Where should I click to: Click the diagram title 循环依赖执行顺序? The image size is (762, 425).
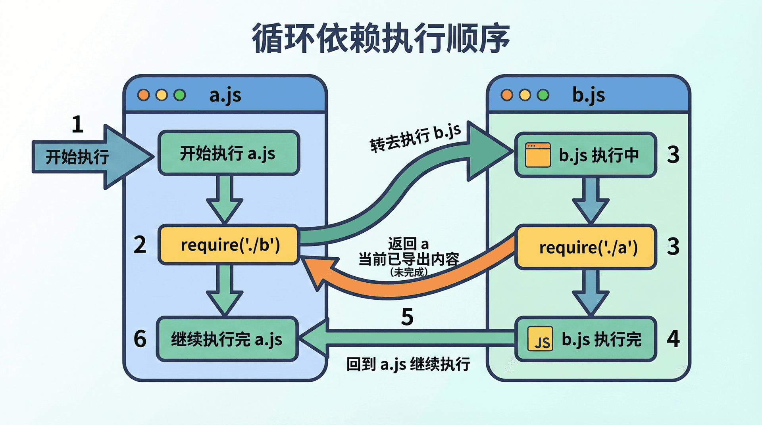click(381, 38)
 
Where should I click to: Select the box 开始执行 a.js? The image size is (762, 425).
click(229, 153)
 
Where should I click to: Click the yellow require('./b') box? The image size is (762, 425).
click(229, 245)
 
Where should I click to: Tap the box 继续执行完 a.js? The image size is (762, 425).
click(227, 339)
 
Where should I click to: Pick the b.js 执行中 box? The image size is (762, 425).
click(586, 155)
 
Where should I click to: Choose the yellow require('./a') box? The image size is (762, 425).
click(586, 247)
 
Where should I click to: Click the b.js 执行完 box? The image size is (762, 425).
click(586, 339)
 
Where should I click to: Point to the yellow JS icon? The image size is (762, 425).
click(540, 339)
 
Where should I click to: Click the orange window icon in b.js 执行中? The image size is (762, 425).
click(538, 155)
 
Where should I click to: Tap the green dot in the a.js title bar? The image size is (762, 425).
click(180, 95)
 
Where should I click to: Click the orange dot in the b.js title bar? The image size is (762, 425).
click(507, 95)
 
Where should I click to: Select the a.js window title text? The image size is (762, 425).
click(225, 95)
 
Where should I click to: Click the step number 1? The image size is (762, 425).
click(78, 124)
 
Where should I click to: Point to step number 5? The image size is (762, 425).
click(407, 317)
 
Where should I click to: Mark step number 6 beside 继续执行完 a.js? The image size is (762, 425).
click(140, 339)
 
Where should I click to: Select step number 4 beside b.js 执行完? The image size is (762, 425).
click(673, 339)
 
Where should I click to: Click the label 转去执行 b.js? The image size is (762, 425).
click(415, 138)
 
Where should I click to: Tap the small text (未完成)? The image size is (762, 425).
click(409, 272)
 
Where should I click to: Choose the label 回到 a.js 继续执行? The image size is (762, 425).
click(408, 364)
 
